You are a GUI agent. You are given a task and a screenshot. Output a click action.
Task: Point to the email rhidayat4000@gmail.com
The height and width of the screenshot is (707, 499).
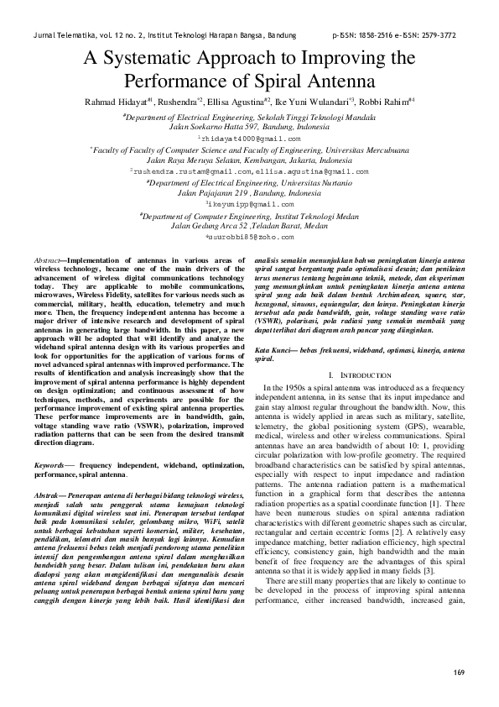[x=248, y=136]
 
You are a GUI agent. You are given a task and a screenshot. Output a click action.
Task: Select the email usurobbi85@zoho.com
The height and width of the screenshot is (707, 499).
[x=250, y=238]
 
